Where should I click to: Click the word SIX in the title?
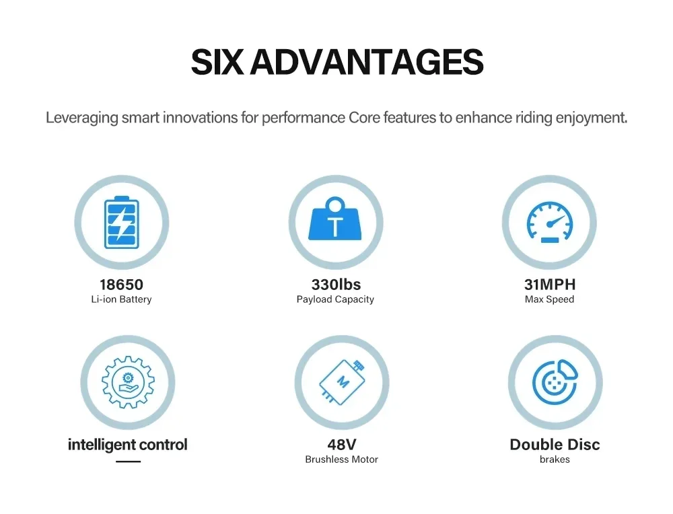point(217,62)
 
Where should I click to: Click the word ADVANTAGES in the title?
point(367,62)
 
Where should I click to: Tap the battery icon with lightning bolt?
point(122,222)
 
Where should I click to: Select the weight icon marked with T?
point(335,219)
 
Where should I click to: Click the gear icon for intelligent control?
point(128,382)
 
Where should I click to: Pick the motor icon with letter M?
point(343,382)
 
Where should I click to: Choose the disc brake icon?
point(555,382)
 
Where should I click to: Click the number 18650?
point(121,285)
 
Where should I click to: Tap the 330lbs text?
point(336,285)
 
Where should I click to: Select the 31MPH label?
point(550,285)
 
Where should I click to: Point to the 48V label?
point(342,445)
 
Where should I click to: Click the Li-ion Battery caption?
point(121,299)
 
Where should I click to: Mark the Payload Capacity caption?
point(335,299)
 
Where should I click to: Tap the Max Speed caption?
point(549,299)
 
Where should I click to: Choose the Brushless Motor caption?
point(342,460)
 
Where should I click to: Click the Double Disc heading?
point(555,445)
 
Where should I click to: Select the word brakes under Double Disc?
point(555,460)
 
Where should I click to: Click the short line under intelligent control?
point(129,462)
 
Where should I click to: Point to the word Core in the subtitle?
point(364,118)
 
